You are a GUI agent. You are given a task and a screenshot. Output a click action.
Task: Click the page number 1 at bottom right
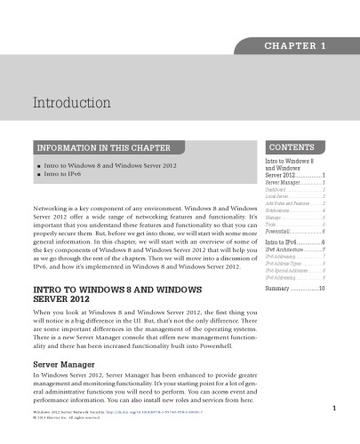(x=331, y=408)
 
